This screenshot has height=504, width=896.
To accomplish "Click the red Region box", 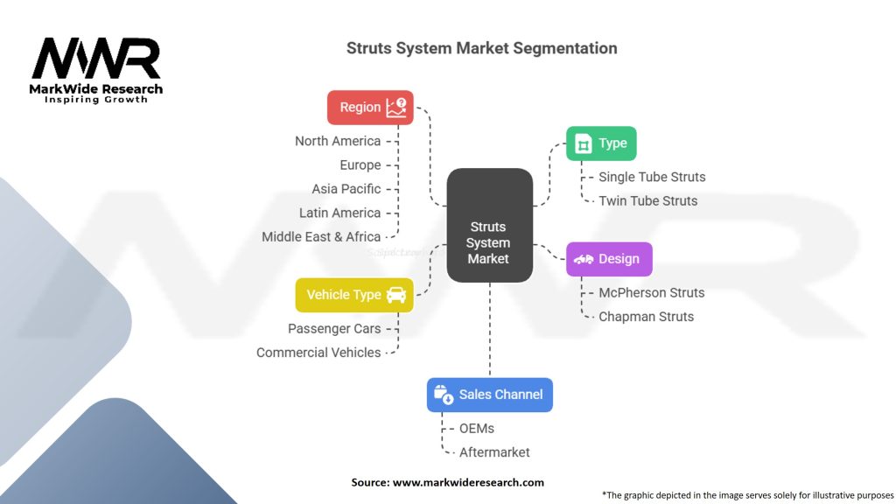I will (x=370, y=108).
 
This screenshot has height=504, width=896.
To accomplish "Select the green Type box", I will (x=601, y=143).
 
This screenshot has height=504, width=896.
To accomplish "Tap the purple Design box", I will (x=609, y=259).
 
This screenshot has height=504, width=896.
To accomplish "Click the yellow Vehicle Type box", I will (x=353, y=295).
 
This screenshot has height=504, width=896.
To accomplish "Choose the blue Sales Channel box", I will (x=489, y=395).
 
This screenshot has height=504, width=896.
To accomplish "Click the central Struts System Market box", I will (x=489, y=226).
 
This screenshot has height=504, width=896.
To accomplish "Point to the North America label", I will (x=338, y=141).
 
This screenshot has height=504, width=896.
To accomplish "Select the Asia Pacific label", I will (x=346, y=189).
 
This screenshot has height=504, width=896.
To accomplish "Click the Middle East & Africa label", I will (x=321, y=236).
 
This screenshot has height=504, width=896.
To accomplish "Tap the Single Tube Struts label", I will (x=652, y=177).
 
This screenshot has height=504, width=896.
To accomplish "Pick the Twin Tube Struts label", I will (x=648, y=200).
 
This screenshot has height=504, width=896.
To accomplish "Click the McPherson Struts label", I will (x=652, y=292).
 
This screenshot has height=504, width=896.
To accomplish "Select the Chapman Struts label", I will (x=647, y=317).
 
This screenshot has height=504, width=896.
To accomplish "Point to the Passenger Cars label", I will (x=334, y=328).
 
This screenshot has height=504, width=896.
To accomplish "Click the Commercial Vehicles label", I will (x=318, y=353).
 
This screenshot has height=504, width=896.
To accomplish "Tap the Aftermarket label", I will (x=494, y=452).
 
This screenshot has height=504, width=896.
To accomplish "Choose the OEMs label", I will (x=477, y=429).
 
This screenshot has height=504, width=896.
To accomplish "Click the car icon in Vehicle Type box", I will (x=396, y=295).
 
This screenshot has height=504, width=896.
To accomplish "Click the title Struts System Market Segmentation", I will (x=482, y=48).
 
